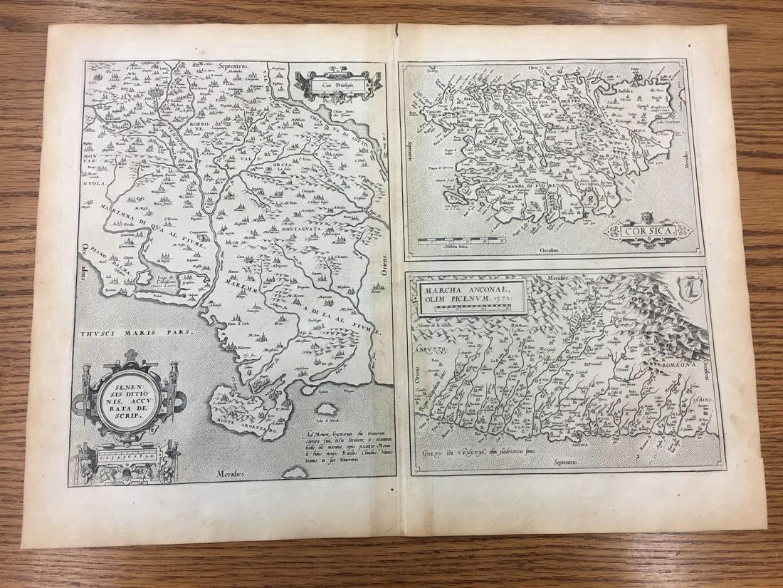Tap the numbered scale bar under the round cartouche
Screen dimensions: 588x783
(x=128, y=453)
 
